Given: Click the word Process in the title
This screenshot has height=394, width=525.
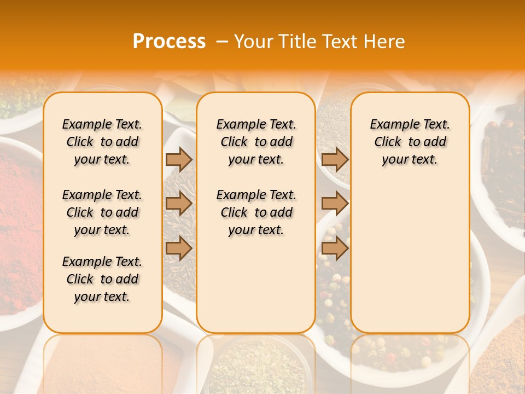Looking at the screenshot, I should point(169,42).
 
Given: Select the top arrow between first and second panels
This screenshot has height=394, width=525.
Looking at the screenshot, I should point(179,159).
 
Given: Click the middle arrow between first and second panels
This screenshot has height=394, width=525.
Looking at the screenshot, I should point(179,204).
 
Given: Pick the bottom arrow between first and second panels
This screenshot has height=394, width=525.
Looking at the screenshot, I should point(179,248).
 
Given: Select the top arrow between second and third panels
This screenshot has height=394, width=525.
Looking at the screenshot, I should point(335,159).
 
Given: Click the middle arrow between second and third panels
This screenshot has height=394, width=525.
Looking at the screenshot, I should point(335,204).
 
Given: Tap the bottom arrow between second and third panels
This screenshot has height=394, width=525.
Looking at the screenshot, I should point(335,248).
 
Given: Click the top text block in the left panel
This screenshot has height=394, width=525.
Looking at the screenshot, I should point(102,142).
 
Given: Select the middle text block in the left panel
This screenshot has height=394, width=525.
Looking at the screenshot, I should point(102,212).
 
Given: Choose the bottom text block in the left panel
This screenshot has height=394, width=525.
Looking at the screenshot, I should point(102,279).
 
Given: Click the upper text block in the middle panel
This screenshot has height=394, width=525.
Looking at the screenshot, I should point(256,142).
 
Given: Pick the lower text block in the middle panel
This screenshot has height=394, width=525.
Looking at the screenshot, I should point(256,212).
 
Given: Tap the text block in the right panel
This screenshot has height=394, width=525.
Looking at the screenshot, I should point(410,142).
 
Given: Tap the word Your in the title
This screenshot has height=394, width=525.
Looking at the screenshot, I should point(253,42).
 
